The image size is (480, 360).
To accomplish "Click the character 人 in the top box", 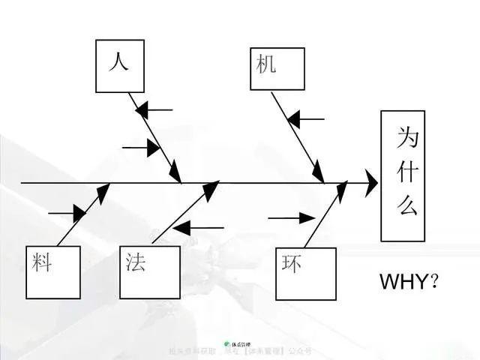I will click(118, 61).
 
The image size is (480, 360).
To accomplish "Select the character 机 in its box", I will click(266, 64).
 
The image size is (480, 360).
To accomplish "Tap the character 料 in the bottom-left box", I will click(43, 262).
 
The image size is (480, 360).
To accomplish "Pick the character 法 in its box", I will click(136, 262).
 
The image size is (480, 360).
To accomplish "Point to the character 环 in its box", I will click(292, 263).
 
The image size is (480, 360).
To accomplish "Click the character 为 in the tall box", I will click(407, 137).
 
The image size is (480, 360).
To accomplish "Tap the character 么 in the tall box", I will click(407, 205).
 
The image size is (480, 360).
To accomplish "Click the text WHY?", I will click(409, 282).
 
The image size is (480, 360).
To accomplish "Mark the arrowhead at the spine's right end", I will click(371, 182).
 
